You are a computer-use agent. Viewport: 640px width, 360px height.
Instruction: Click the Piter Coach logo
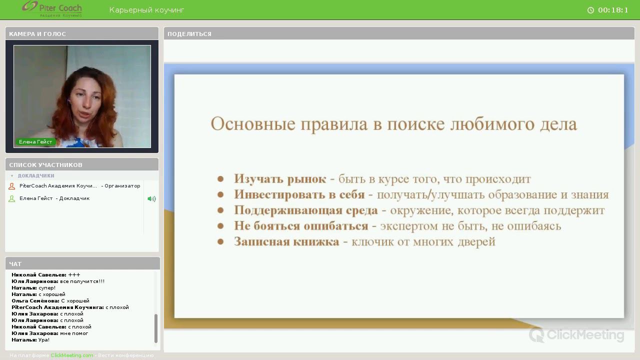coord(52,9)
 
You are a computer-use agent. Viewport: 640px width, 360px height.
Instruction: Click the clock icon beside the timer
coord(590,10)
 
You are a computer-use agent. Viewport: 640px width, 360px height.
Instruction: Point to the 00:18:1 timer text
coord(613,10)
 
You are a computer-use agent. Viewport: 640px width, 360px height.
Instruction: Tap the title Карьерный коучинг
coord(146,10)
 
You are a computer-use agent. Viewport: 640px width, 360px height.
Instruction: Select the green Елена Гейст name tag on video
coord(35,142)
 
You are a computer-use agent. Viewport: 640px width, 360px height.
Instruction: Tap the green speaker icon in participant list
coord(151,198)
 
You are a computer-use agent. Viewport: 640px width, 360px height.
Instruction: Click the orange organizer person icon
coord(12,186)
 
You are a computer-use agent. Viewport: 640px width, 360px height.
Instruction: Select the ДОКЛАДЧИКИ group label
coord(36,176)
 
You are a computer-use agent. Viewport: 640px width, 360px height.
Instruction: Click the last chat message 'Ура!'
coord(44,340)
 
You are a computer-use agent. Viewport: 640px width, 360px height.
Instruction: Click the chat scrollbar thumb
coord(156,328)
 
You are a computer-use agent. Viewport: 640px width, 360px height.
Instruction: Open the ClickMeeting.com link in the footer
coord(72,355)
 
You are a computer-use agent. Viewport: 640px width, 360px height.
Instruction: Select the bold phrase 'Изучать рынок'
coord(280,179)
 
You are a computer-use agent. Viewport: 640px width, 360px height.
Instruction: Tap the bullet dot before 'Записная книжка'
coord(220,242)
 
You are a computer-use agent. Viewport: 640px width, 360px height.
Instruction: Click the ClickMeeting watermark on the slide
coord(576,334)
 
